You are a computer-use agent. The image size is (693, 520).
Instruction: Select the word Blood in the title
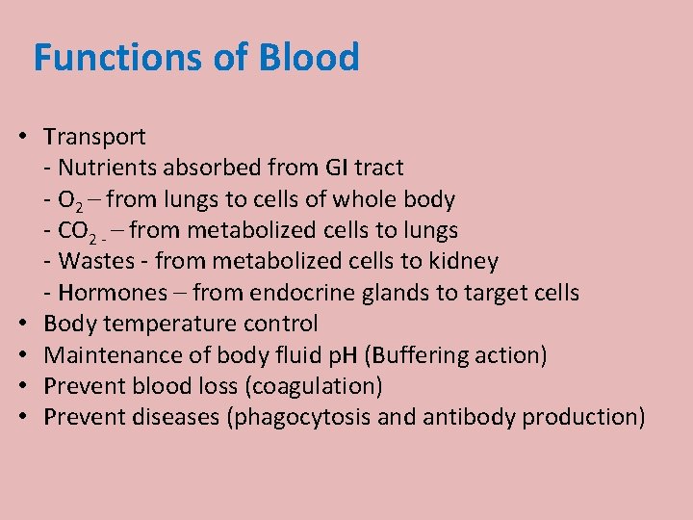(x=309, y=58)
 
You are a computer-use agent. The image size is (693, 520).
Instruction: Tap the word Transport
(x=94, y=137)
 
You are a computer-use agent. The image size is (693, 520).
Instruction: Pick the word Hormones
(x=107, y=293)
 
